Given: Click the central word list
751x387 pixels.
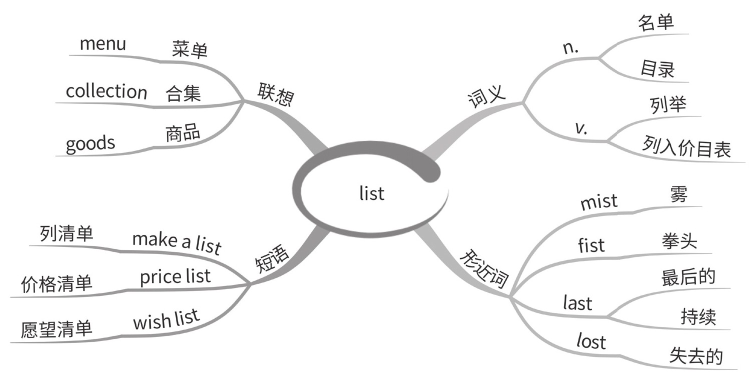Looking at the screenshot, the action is [372, 193].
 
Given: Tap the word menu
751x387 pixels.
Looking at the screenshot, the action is [102, 44].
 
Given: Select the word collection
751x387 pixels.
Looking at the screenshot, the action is [106, 91].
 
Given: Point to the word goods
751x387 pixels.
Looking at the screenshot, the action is [90, 144].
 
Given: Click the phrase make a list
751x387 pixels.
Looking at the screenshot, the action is [176, 242].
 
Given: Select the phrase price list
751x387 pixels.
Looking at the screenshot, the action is [175, 276].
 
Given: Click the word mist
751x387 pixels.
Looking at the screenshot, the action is [598, 201].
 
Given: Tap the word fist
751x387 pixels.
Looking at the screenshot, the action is [591, 245].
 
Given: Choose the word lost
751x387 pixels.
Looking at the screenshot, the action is [590, 342].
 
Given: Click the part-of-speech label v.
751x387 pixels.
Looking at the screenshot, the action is [581, 128].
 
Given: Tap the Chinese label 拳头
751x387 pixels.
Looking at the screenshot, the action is [678, 242].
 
